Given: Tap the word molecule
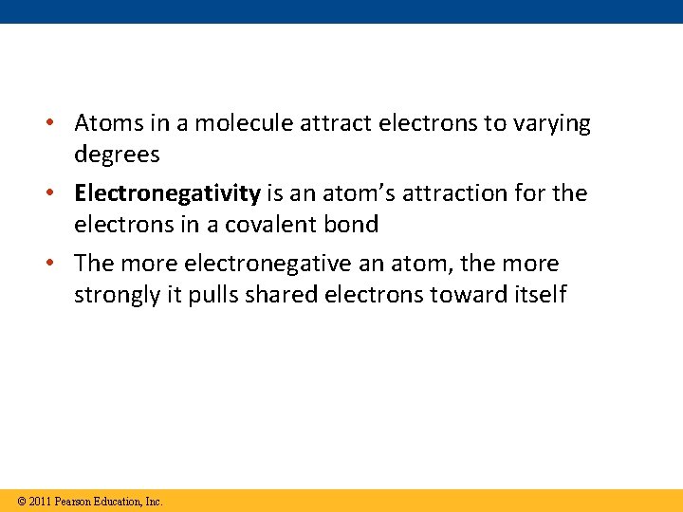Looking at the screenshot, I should (222, 123).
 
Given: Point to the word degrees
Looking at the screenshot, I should (117, 155).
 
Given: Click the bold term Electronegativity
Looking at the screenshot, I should (167, 193).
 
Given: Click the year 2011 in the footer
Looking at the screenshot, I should (39, 502).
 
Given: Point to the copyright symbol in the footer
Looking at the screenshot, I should (21, 502).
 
